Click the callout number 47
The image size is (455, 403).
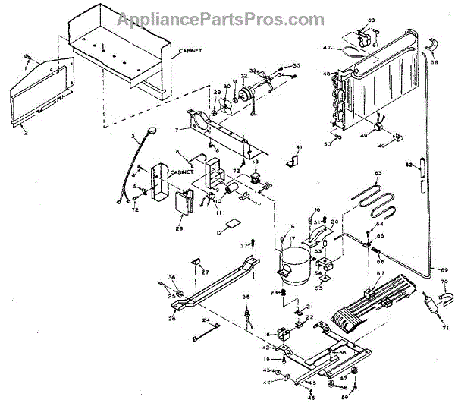pyautogui.click(x=327, y=49)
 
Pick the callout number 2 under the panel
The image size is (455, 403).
pyautogui.click(x=26, y=133)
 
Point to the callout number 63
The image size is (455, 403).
pyautogui.click(x=378, y=175)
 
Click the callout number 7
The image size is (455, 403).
pyautogui.click(x=177, y=131)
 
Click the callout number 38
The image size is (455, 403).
pyautogui.click(x=246, y=297)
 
